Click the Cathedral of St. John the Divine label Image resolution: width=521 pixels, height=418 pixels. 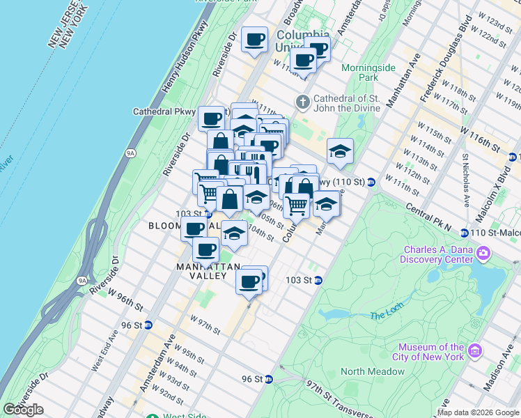(347, 103)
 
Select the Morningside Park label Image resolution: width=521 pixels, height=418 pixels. (368, 72)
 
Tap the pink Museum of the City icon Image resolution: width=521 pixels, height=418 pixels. (476, 350)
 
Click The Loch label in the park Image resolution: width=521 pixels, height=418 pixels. (387, 316)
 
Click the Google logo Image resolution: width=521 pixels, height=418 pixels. (23, 410)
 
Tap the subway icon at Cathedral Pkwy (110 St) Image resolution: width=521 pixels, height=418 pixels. (372, 183)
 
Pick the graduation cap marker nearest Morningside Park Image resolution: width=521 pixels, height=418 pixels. (339, 151)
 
